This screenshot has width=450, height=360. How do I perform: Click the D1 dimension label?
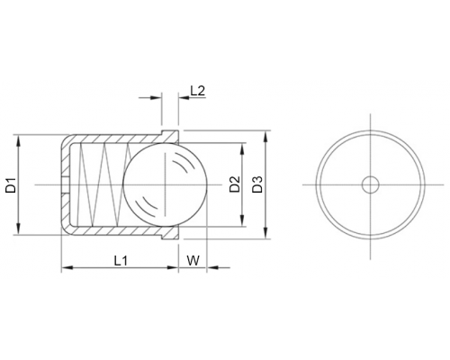pos(11,185)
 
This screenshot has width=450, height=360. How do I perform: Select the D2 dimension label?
pos(235,184)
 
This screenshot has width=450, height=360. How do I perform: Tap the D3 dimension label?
pos(257,184)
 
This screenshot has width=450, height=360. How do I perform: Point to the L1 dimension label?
pos(121,261)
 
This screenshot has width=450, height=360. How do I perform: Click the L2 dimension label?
pos(198,91)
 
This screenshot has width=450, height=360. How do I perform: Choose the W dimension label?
pos(193,261)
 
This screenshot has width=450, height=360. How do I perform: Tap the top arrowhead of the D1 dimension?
pos(18,140)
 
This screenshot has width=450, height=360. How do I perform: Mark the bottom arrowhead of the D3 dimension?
pos(265,233)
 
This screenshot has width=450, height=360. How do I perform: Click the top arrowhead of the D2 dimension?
pos(242,148)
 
